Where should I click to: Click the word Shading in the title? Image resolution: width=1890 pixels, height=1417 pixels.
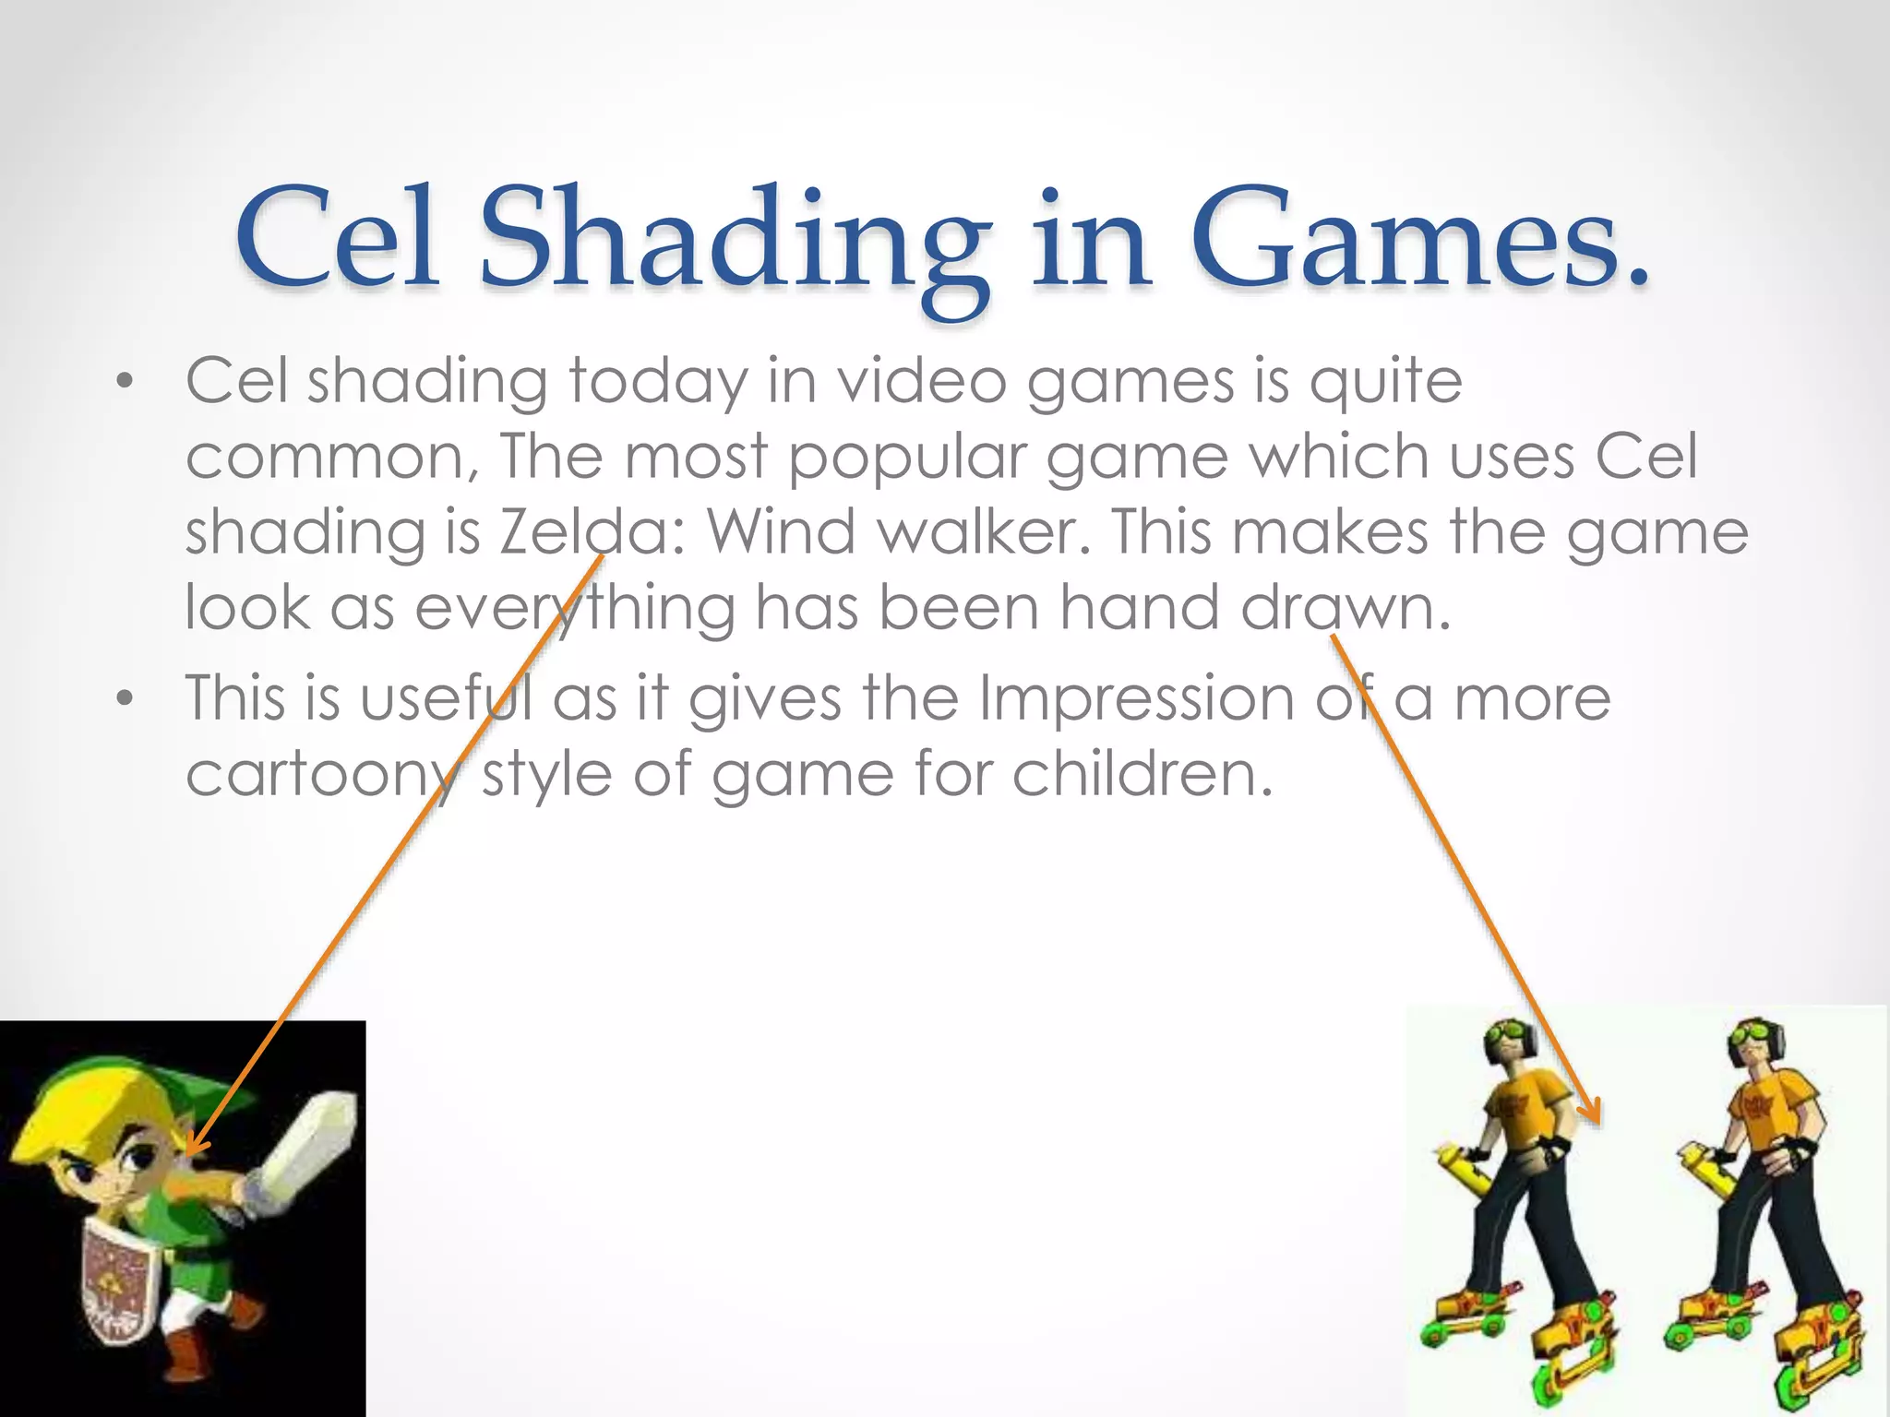[x=729, y=242]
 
